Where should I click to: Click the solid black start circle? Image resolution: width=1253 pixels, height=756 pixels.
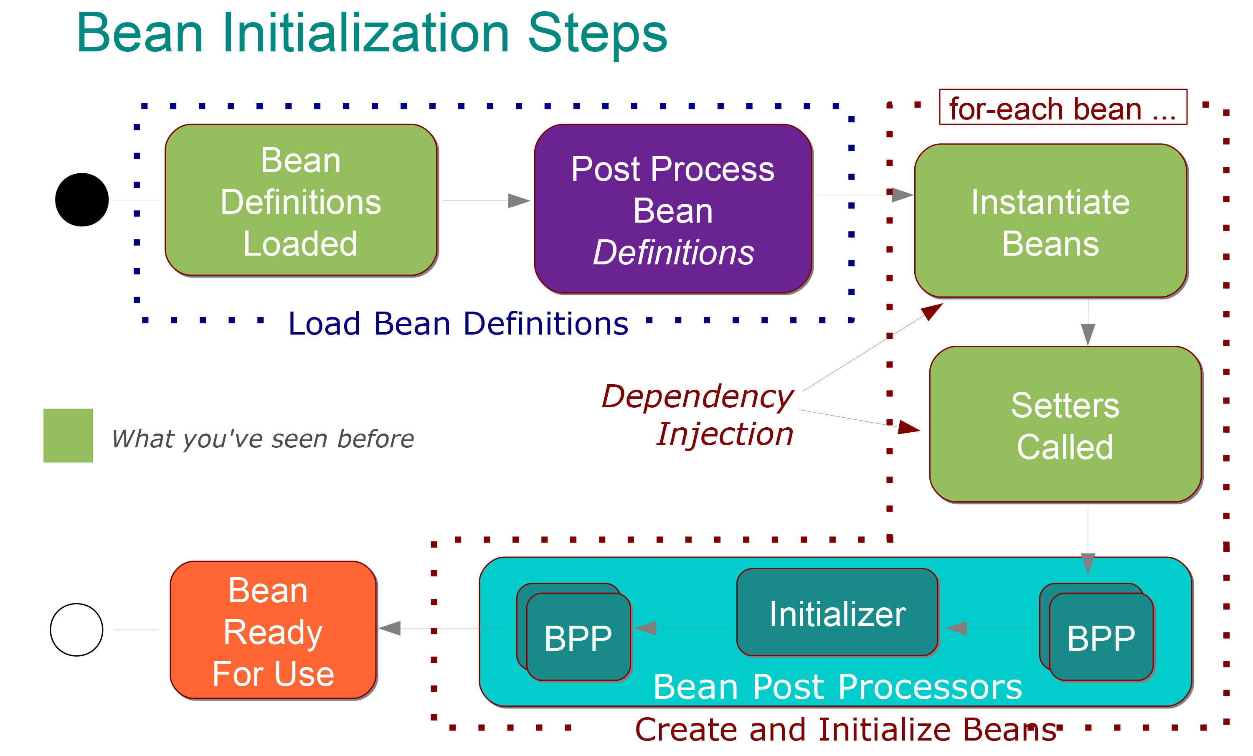click(82, 200)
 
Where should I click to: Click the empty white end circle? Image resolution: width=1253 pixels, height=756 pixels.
click(77, 629)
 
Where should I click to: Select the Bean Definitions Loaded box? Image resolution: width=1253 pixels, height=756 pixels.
click(301, 200)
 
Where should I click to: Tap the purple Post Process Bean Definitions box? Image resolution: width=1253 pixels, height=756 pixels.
click(673, 209)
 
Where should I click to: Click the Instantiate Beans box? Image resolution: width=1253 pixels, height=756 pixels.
click(1050, 221)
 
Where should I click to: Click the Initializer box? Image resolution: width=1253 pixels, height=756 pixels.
click(837, 613)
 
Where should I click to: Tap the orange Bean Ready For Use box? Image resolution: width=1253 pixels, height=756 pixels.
click(273, 630)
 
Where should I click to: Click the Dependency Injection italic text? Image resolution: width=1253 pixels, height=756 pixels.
click(698, 414)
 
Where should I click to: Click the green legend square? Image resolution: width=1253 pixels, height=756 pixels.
click(68, 435)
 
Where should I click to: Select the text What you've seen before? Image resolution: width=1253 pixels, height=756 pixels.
click(262, 438)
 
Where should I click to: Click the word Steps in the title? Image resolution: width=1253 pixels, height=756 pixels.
click(598, 33)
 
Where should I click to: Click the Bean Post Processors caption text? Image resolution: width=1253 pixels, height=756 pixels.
click(837, 686)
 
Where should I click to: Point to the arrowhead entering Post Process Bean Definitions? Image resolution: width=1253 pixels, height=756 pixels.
click(519, 201)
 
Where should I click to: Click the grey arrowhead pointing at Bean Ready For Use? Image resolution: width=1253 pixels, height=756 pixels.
click(390, 628)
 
